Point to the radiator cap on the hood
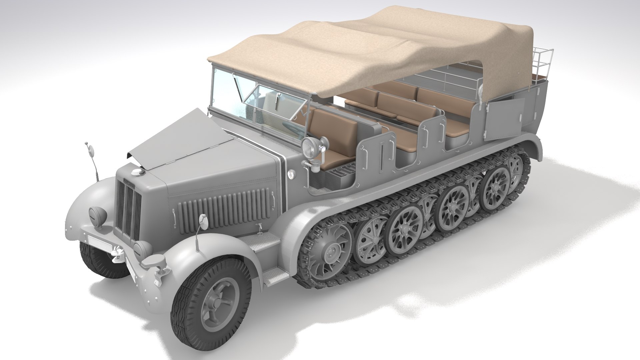136,172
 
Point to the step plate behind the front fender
263,243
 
